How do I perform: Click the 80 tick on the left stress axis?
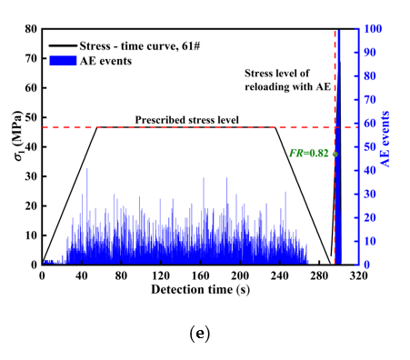[x=32, y=29]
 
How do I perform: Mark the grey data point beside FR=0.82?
[x=335, y=154]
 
